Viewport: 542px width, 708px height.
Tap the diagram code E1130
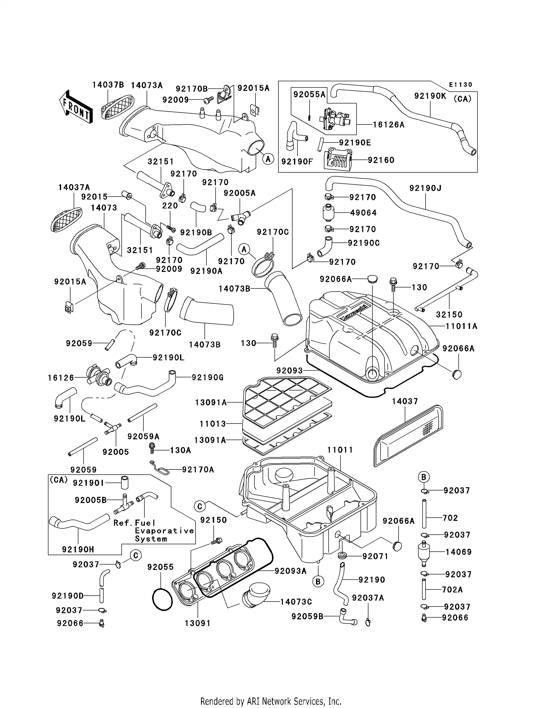point(461,85)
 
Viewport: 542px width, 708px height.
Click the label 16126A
point(388,125)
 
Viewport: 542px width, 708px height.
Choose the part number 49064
point(363,213)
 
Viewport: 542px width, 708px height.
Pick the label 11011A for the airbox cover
point(461,326)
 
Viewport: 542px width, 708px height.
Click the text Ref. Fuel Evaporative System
point(154,531)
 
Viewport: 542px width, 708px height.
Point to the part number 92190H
point(78,549)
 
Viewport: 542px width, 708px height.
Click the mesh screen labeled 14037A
point(67,220)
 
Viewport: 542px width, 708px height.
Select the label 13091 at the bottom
point(198,623)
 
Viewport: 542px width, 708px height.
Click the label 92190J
point(425,188)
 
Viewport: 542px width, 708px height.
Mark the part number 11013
point(213,424)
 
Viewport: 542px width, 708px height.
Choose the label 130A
point(180,450)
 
